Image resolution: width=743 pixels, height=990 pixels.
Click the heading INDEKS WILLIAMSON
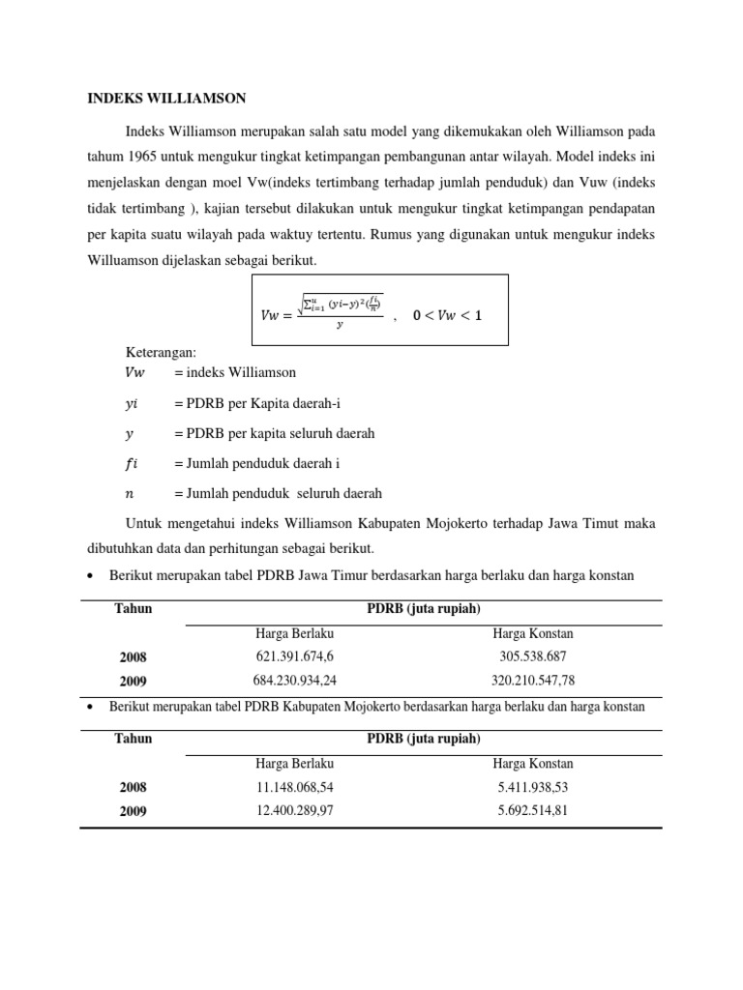click(x=167, y=99)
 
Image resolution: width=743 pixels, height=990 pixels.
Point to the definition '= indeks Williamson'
click(x=235, y=372)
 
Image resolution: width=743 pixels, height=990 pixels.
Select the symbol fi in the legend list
click(x=132, y=463)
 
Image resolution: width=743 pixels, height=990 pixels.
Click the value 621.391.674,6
click(x=294, y=656)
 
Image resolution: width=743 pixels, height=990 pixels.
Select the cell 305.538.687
click(x=533, y=656)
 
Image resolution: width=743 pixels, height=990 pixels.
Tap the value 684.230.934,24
click(x=294, y=681)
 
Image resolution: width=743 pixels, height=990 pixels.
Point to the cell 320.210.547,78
click(x=533, y=681)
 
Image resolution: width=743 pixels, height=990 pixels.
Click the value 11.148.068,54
click(x=294, y=787)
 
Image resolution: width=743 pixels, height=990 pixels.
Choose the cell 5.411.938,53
click(x=533, y=787)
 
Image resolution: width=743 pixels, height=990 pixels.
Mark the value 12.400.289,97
click(x=294, y=810)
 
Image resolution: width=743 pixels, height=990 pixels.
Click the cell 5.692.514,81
click(x=533, y=810)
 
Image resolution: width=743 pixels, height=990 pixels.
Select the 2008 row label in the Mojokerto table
click(x=134, y=788)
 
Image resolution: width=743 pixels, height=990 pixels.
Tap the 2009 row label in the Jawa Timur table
click(x=134, y=682)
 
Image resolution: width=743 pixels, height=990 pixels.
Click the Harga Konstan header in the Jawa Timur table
click(x=533, y=633)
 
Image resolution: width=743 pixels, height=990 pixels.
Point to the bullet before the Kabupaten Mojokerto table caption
click(x=89, y=708)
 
